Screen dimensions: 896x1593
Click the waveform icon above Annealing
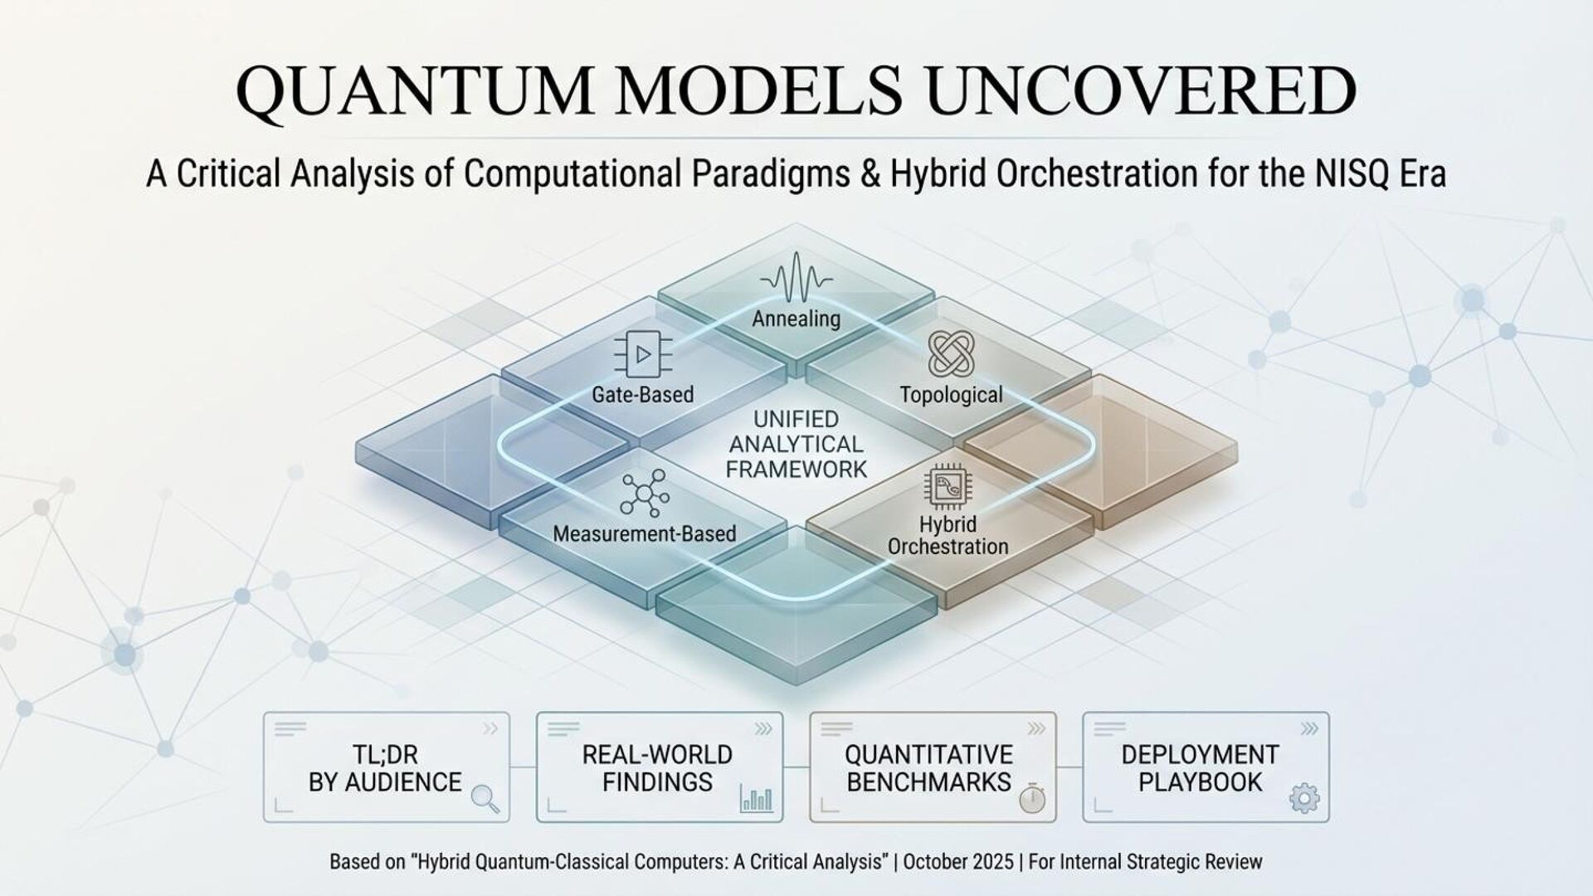coord(796,279)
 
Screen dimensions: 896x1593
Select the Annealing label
coord(796,319)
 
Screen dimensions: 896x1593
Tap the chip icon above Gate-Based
coord(643,355)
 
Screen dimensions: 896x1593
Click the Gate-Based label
coord(643,394)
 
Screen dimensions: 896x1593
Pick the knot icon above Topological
coord(951,353)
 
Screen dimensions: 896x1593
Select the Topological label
coord(951,395)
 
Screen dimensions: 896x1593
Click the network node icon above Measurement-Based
coord(645,494)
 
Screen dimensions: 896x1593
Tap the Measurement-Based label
coord(645,533)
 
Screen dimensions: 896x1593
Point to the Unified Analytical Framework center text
coord(796,444)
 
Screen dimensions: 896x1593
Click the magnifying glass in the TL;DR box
coord(485,798)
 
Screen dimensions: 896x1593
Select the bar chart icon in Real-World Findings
coord(756,799)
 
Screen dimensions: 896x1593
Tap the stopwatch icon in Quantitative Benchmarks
coord(1031,799)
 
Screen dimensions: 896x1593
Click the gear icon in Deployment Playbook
coord(1304,799)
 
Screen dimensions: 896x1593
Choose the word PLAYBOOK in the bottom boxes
coord(1200,782)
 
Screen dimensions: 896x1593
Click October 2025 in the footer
coord(958,862)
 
